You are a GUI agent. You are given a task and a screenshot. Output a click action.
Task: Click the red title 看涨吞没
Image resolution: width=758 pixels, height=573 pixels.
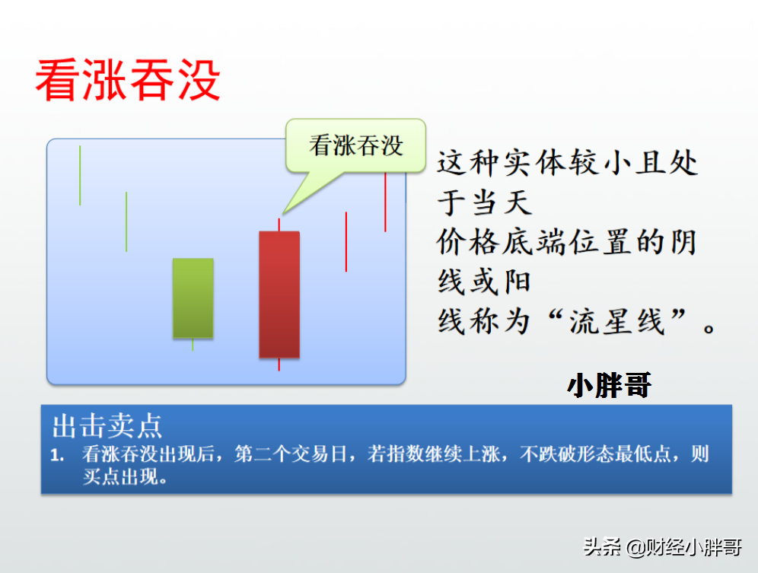tap(128, 80)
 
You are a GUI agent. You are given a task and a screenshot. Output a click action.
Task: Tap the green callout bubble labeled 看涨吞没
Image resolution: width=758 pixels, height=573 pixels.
tap(355, 145)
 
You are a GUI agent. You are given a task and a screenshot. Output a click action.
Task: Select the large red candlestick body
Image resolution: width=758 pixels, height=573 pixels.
tap(279, 294)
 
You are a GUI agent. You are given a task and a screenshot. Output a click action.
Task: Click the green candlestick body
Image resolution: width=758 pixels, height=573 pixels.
tap(193, 298)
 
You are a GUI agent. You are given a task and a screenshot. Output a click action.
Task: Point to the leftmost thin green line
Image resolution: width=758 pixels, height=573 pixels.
tap(80, 176)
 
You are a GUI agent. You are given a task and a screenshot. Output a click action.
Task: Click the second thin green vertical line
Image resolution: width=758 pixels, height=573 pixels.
tap(126, 221)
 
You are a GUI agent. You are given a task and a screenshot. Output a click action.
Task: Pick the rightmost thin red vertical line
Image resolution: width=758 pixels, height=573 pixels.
tap(385, 202)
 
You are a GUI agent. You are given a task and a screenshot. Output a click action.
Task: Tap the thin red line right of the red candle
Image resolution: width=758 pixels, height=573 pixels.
tap(346, 242)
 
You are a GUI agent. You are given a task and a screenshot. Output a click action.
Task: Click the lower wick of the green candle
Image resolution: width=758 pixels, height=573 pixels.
tap(193, 344)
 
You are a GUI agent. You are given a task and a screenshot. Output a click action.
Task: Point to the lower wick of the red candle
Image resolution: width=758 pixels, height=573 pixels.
tap(279, 364)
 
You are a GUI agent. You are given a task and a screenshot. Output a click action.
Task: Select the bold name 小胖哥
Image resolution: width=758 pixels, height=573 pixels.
tap(609, 385)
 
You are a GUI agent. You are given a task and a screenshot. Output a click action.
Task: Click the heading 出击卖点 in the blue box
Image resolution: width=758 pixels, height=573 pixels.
tap(107, 426)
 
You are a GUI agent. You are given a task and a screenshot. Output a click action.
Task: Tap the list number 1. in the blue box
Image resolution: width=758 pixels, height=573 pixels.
tap(57, 454)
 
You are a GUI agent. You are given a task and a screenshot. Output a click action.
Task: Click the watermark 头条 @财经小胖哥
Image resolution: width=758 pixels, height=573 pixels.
tap(662, 547)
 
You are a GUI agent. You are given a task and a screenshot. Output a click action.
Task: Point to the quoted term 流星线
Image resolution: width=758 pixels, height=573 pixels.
tap(617, 322)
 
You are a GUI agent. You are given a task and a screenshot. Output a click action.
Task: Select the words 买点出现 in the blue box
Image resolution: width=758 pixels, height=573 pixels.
tap(120, 477)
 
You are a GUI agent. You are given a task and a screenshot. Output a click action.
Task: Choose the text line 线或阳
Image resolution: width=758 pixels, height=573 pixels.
tap(484, 282)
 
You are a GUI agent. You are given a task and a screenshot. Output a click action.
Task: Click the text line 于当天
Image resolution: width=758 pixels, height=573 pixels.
tap(484, 202)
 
